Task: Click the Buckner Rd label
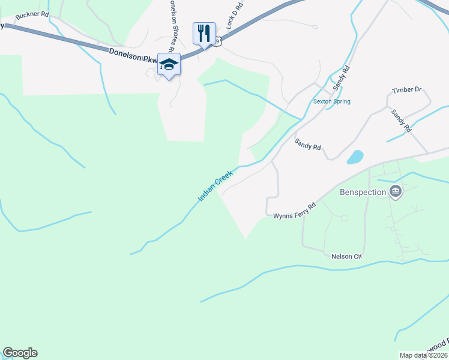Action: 32,14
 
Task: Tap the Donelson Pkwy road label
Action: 133,56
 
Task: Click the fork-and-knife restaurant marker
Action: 204,33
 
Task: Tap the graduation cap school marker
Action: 169,64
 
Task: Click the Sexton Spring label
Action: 331,101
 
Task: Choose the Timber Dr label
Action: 406,90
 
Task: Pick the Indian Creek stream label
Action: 215,185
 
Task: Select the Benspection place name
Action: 361,192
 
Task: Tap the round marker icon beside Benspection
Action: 396,192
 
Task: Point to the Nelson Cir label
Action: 346,256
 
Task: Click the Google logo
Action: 20,353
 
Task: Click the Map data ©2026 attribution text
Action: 423,355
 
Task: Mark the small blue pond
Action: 355,157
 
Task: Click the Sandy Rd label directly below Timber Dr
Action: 401,120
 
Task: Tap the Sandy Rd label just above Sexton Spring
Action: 342,77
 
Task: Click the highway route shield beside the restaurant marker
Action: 217,40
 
